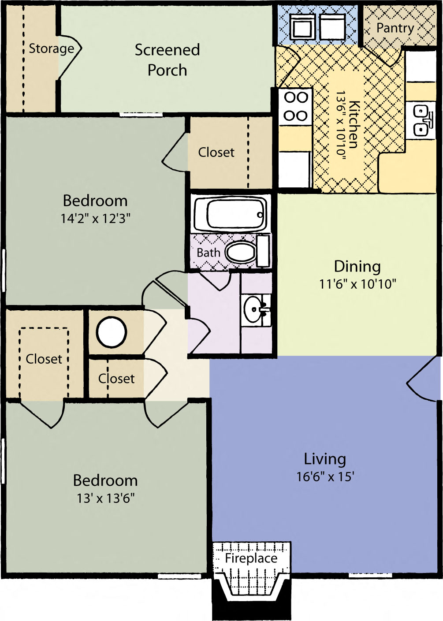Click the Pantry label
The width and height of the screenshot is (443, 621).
395,28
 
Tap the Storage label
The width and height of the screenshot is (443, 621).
51,48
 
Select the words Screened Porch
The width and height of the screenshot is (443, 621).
167,60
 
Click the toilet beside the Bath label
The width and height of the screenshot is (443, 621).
241,253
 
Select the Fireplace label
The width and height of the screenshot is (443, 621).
251,558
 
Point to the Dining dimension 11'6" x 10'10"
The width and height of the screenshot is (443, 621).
357,284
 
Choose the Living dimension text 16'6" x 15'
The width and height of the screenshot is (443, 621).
325,477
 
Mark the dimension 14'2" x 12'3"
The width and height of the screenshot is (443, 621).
96,218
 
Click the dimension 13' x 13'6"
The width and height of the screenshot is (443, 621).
106,498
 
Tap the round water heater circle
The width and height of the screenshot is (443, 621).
112,331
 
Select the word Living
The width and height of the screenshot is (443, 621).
325,459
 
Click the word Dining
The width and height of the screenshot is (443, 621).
357,266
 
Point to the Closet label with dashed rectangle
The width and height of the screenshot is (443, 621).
44,359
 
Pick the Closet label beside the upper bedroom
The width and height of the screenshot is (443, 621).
216,152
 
